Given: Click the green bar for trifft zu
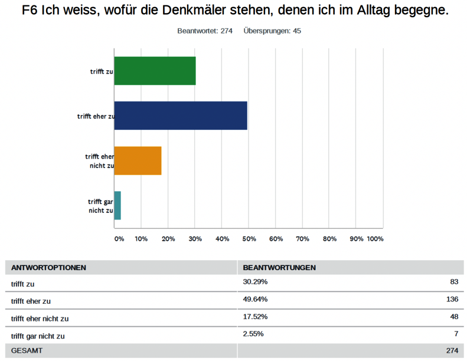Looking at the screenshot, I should pos(155,71).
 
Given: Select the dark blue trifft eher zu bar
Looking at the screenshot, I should pos(181,116).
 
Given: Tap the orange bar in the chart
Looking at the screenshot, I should pos(138,160).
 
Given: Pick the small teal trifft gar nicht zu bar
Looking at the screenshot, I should pos(117,205).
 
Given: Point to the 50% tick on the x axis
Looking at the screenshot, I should pos(249,239).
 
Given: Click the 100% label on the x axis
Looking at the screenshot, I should pos(375,239).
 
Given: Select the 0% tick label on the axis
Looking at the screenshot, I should pos(119,239).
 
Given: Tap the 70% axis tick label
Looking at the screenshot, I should pos(302,239).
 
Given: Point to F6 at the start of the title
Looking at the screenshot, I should pos(31,11).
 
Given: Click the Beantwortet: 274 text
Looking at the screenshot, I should pos(204,31).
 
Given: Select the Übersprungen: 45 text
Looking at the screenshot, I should pos(272,31).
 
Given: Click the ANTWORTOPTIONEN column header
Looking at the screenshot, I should pos(48,267).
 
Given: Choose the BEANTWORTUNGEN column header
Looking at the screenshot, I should pos(279,267).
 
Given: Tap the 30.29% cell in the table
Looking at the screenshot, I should pos(255,282).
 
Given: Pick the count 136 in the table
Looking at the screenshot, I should pos(452,299).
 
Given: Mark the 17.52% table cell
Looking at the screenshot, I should pos(255,317).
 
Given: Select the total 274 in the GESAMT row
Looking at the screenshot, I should pos(452,350).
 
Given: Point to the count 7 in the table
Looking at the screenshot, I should pos(456,334).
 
